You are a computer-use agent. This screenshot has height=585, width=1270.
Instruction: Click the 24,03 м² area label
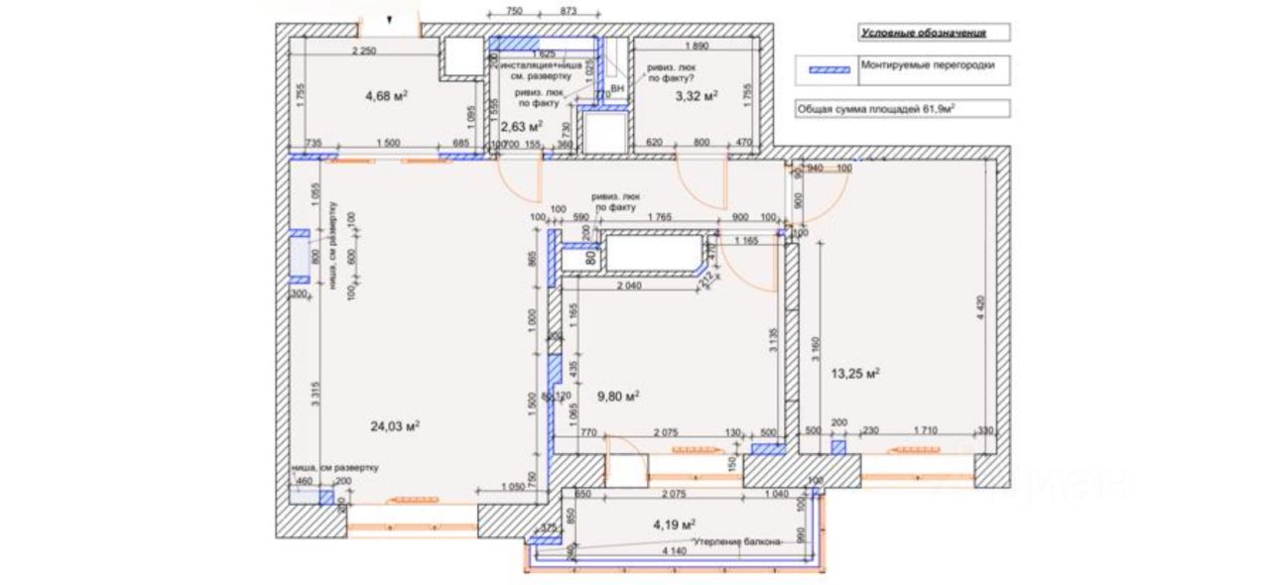coord(395,426)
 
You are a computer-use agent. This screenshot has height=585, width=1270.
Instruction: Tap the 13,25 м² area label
coord(856,374)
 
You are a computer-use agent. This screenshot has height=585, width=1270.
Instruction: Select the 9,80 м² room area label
coord(615,395)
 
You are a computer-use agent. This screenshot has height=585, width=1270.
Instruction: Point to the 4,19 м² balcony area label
coord(673,524)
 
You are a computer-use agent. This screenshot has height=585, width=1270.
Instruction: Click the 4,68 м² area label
coord(386,96)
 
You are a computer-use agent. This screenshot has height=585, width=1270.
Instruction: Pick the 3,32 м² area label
coord(696,96)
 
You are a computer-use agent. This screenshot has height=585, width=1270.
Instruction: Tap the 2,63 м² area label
coord(520,127)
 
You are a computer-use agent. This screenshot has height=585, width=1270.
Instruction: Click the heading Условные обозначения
coord(923,33)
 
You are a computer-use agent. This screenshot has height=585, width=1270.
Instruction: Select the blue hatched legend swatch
coord(830,70)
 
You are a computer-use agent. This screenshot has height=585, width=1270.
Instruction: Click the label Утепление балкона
coord(736,540)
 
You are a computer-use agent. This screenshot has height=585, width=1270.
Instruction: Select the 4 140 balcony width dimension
coord(673,551)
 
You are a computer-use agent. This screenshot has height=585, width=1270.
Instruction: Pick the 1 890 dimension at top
coord(698,47)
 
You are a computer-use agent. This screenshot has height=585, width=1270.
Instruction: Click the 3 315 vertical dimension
coord(315,394)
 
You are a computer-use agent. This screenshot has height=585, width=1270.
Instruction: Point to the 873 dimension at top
coord(569,11)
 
